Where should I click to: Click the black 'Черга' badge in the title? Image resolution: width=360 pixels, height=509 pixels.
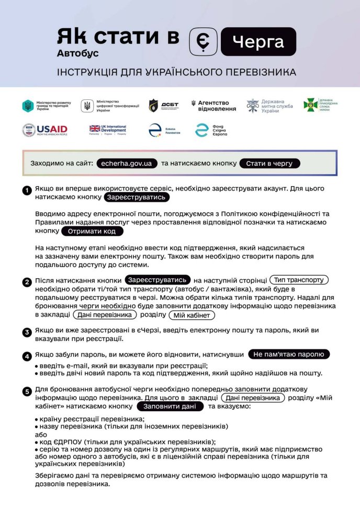tap(258, 42)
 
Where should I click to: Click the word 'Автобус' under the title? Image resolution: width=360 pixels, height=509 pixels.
tap(78, 53)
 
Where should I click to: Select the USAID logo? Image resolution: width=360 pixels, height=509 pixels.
tap(44, 130)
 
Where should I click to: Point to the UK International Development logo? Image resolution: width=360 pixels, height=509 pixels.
tap(108, 130)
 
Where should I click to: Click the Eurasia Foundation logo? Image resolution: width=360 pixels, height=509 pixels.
tap(164, 130)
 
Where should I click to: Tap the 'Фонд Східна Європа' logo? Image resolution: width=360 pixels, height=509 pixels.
tap(211, 130)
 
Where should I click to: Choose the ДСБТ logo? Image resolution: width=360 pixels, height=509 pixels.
tap(163, 105)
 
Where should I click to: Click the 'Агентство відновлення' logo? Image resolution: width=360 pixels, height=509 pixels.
tap(213, 105)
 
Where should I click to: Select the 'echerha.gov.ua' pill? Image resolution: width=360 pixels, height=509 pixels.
tap(127, 163)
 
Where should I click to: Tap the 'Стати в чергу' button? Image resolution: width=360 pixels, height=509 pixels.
tap(270, 163)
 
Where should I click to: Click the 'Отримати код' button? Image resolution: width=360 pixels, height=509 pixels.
tap(88, 231)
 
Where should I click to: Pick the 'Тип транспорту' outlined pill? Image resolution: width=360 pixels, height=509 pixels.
tap(298, 280)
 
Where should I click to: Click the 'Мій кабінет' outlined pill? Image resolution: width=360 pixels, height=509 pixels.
tap(192, 315)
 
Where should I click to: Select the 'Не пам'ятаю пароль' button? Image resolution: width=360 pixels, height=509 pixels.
tap(289, 354)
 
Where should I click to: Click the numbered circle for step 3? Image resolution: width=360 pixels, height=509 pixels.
tap(27, 332)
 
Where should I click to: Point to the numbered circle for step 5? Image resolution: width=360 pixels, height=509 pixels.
tap(27, 391)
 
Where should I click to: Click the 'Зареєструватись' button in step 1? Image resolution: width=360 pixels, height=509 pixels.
tap(137, 197)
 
